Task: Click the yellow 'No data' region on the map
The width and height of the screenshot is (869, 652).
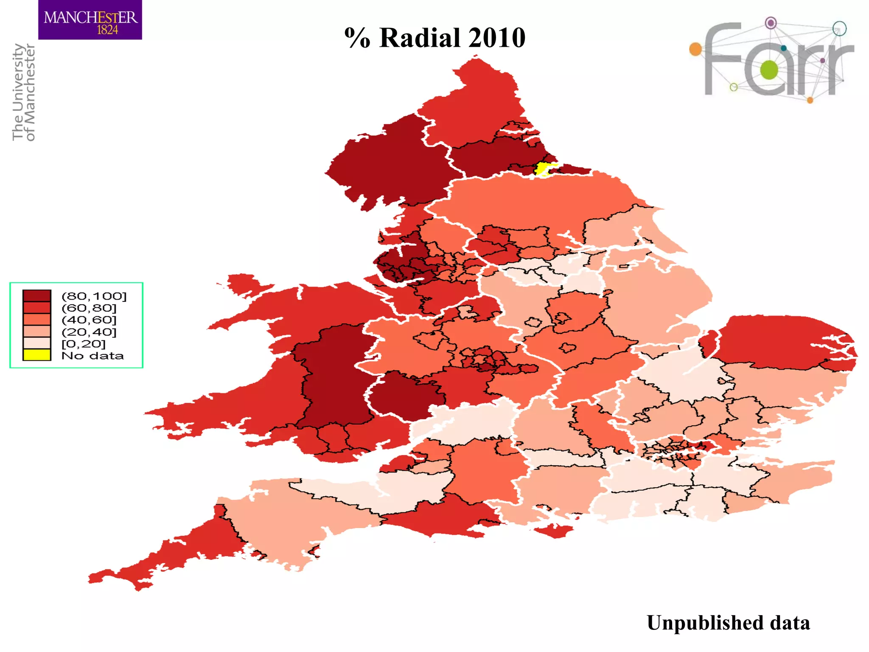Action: (x=542, y=169)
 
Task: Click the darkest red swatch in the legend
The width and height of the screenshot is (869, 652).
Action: (x=37, y=295)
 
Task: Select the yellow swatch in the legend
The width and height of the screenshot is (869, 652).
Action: (x=37, y=355)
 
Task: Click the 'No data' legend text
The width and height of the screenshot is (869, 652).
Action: (x=93, y=356)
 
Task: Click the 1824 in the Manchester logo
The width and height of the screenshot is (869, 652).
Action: (x=107, y=30)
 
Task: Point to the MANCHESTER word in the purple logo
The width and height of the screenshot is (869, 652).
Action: (x=90, y=17)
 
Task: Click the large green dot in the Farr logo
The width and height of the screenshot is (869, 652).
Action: (x=769, y=70)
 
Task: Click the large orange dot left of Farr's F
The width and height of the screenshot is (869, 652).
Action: (x=695, y=49)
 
